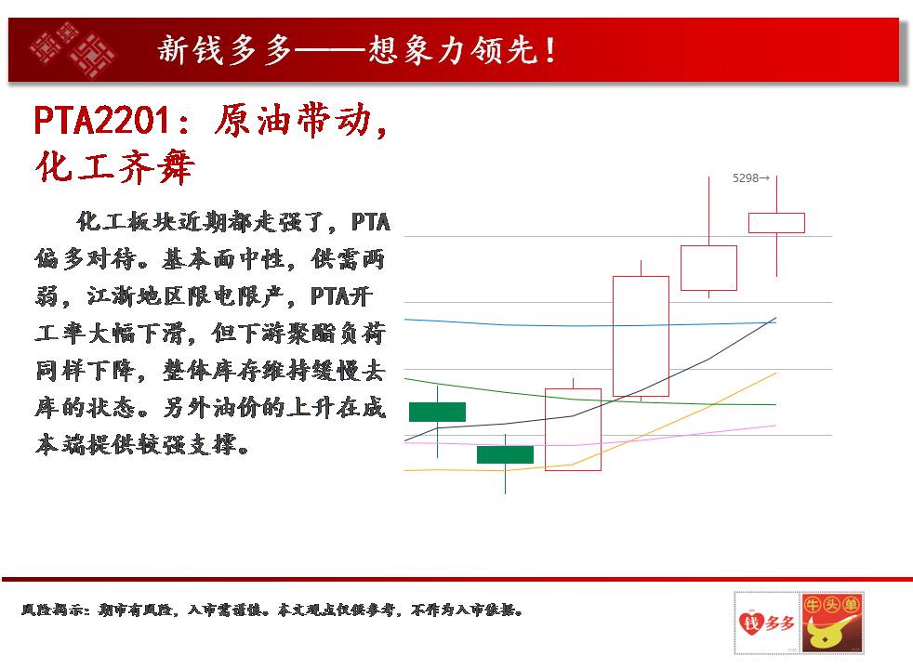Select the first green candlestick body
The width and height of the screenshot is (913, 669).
point(437,412)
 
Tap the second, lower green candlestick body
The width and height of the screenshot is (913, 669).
point(505,455)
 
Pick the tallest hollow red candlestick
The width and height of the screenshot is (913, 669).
point(641,336)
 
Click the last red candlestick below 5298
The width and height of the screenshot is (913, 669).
point(776,223)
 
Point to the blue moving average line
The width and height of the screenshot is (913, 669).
point(589,324)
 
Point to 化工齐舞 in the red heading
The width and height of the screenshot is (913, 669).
point(114,167)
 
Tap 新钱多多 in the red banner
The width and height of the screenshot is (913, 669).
point(224,49)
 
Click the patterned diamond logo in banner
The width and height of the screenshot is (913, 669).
point(73,49)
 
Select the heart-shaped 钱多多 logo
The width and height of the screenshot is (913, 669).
point(766,623)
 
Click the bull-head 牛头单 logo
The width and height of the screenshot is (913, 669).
point(832,623)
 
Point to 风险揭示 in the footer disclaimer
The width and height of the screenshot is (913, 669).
point(55,610)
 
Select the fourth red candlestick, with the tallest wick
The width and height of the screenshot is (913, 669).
point(708,268)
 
